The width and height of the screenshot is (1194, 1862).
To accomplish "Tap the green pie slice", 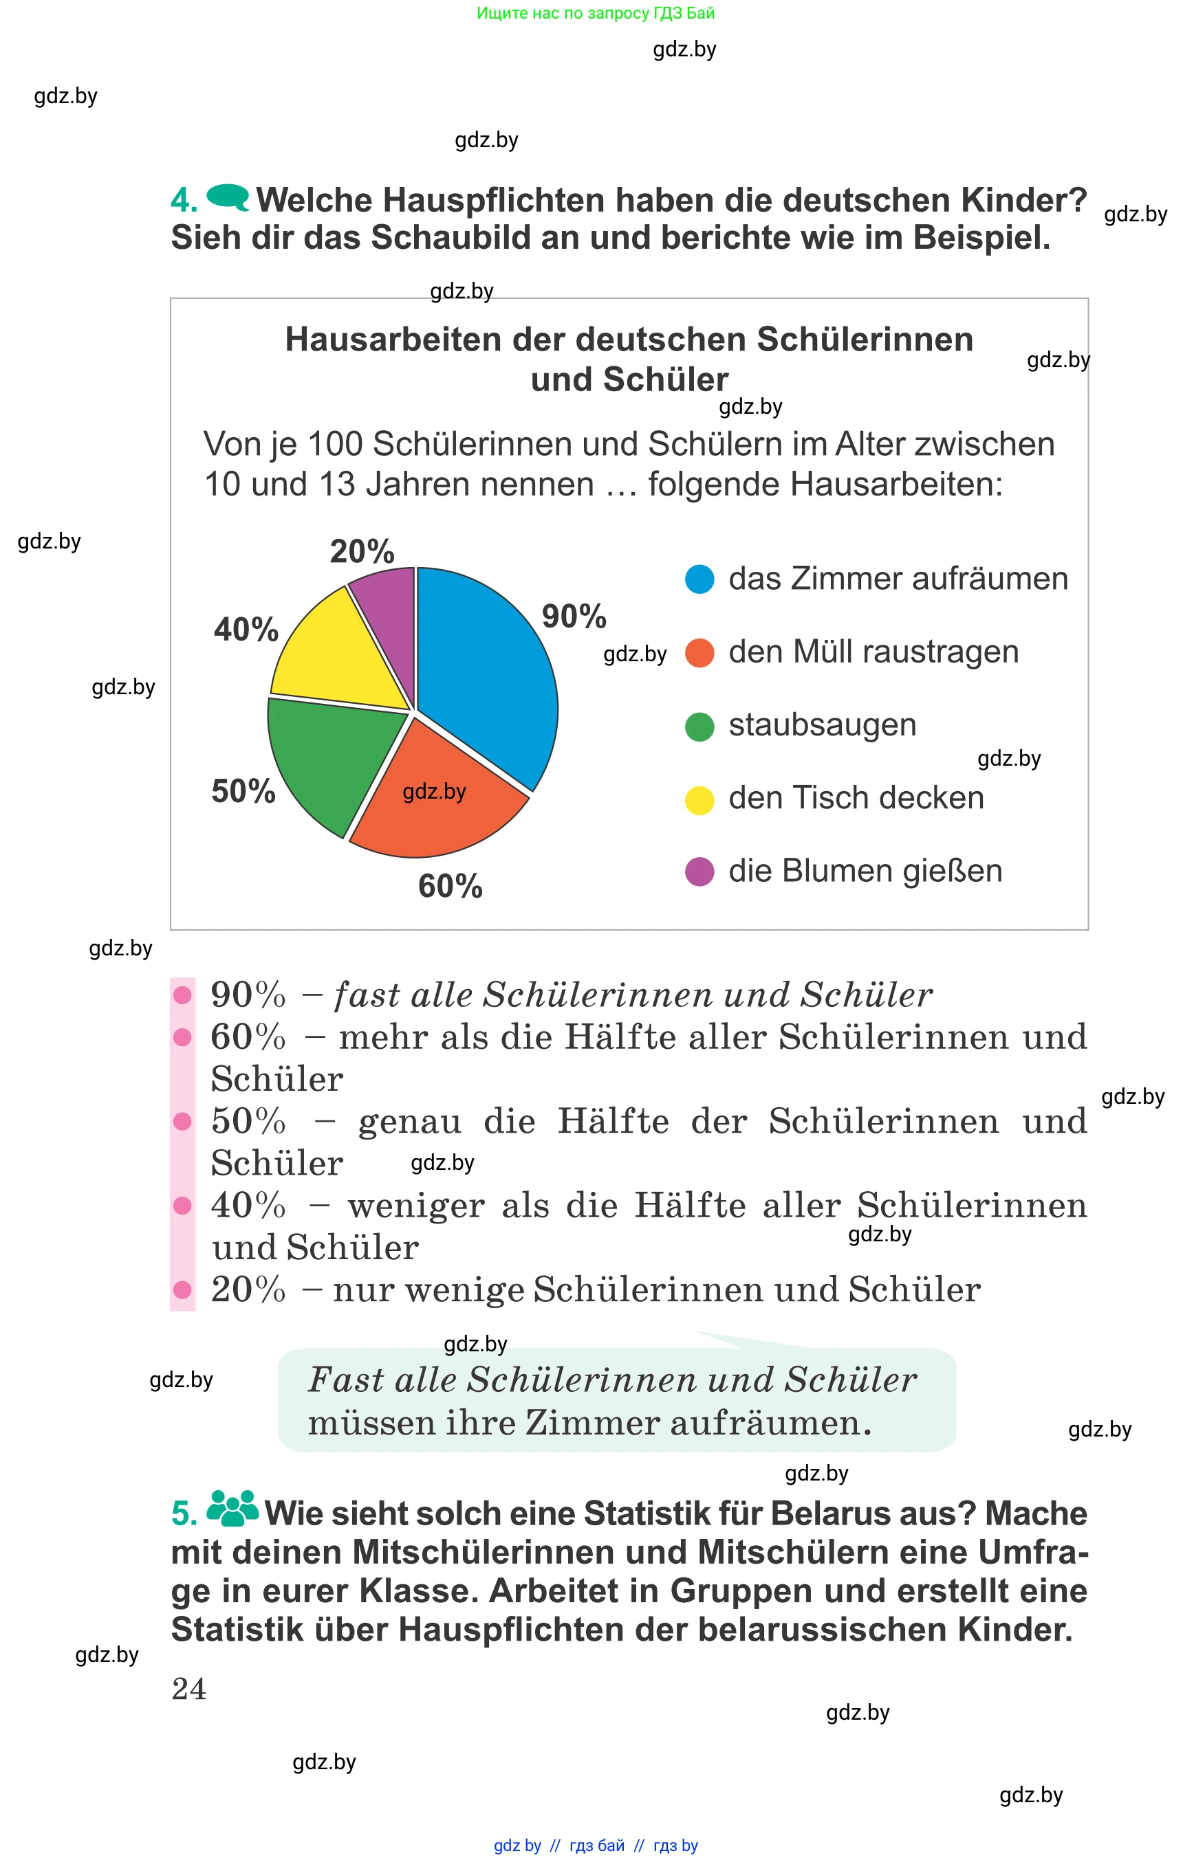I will [334, 760].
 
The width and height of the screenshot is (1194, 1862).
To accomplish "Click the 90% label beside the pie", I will [574, 617].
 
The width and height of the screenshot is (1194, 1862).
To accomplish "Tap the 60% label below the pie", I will [450, 886].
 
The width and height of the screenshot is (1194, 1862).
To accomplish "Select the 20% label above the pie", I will [362, 552].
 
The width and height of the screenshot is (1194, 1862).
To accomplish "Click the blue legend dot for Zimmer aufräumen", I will [699, 579].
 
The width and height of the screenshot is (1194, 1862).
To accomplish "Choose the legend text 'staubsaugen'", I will [822, 725].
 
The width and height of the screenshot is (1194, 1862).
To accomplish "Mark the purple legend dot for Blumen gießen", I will [699, 872].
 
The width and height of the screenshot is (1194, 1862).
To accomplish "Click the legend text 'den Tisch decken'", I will [856, 798].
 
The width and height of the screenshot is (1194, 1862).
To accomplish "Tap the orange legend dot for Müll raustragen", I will [699, 652].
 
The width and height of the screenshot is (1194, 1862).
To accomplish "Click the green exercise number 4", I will [184, 201].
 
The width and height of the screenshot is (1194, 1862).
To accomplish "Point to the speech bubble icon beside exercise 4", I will [228, 197].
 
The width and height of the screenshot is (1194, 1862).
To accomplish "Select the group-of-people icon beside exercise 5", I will [232, 1508].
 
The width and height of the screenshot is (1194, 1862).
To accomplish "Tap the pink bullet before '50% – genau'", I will [183, 1121].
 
